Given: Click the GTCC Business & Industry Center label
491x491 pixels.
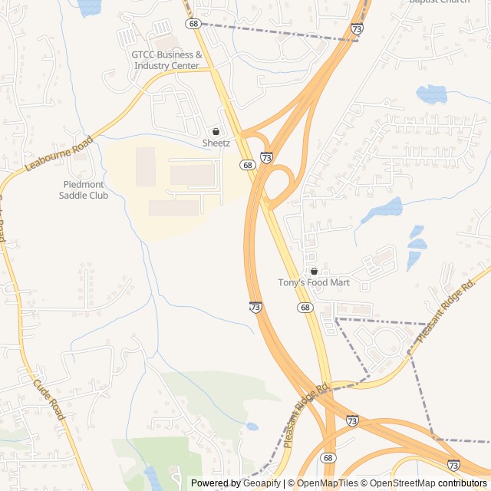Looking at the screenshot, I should click(166, 60).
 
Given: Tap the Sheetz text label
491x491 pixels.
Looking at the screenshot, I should click(216, 143).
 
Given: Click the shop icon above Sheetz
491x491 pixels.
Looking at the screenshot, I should click(216, 131).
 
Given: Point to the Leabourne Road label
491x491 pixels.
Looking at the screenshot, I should click(59, 153).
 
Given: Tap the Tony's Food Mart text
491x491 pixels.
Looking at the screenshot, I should click(313, 283).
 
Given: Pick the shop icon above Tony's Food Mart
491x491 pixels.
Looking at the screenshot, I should click(314, 271).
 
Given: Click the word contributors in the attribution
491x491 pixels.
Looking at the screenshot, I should click(463, 483).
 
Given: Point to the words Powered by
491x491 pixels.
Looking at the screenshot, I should click(214, 483).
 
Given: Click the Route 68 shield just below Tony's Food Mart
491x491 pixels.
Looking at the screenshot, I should click(305, 308).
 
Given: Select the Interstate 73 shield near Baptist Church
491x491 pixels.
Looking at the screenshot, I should click(357, 28).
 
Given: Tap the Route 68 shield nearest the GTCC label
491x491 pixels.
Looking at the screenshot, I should click(193, 24).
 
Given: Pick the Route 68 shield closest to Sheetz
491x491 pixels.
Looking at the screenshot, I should click(246, 165).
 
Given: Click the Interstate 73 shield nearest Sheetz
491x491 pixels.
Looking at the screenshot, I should click(266, 157).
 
